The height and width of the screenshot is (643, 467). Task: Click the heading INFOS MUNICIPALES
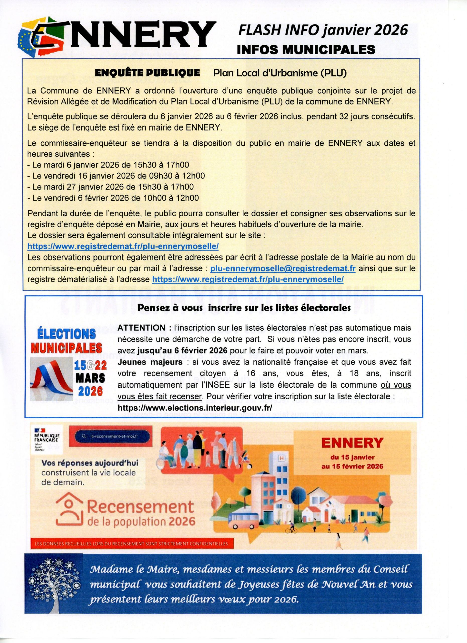click(x=306, y=50)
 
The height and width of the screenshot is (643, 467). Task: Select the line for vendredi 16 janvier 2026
click(x=116, y=176)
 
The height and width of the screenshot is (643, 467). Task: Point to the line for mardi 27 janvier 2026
click(x=111, y=187)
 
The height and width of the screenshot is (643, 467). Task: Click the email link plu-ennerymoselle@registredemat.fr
click(x=283, y=268)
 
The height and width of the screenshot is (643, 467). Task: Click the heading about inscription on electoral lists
click(x=244, y=308)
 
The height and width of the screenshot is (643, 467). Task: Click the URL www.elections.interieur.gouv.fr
click(x=195, y=408)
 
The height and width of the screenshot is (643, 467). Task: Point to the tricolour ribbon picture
click(x=52, y=378)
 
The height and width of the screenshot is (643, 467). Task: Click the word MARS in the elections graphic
click(x=90, y=378)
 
